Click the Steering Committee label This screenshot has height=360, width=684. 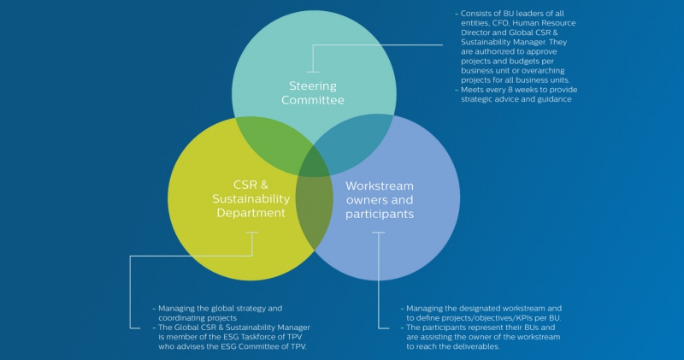[x=312, y=92]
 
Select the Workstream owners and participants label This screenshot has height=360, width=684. [x=379, y=198]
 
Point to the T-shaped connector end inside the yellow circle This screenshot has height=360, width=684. [x=251, y=233]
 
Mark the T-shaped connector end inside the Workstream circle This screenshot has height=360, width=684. [x=379, y=233]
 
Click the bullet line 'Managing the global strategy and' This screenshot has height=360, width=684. [x=220, y=307]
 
